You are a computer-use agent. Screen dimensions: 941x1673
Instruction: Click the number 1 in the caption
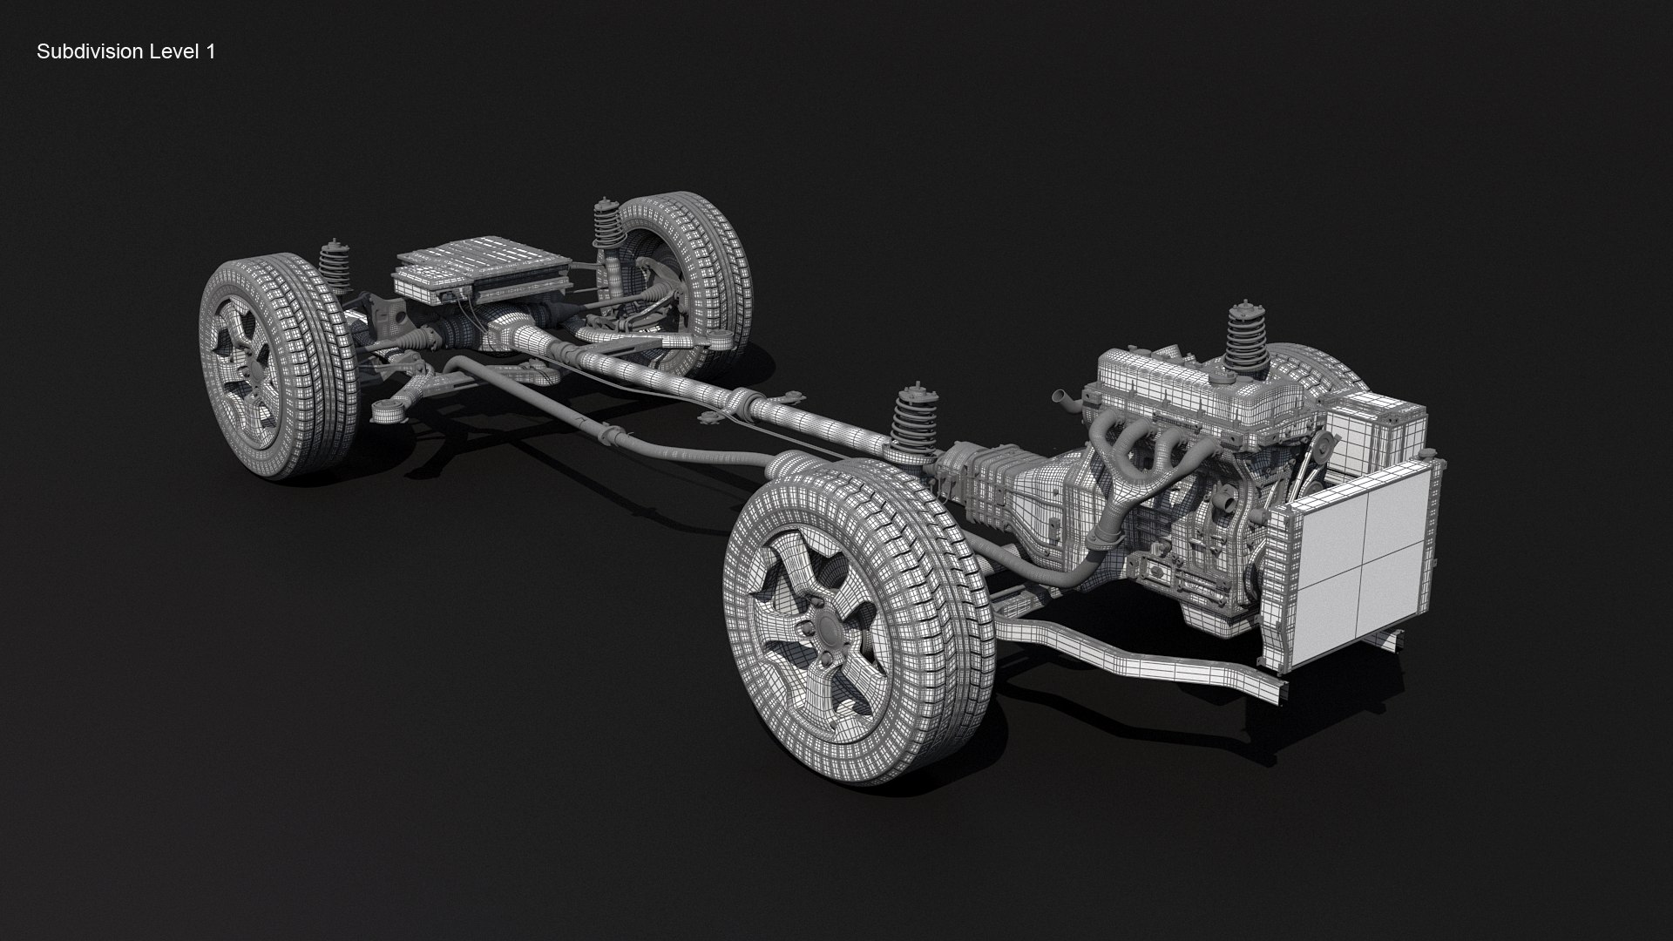pyautogui.click(x=210, y=52)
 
